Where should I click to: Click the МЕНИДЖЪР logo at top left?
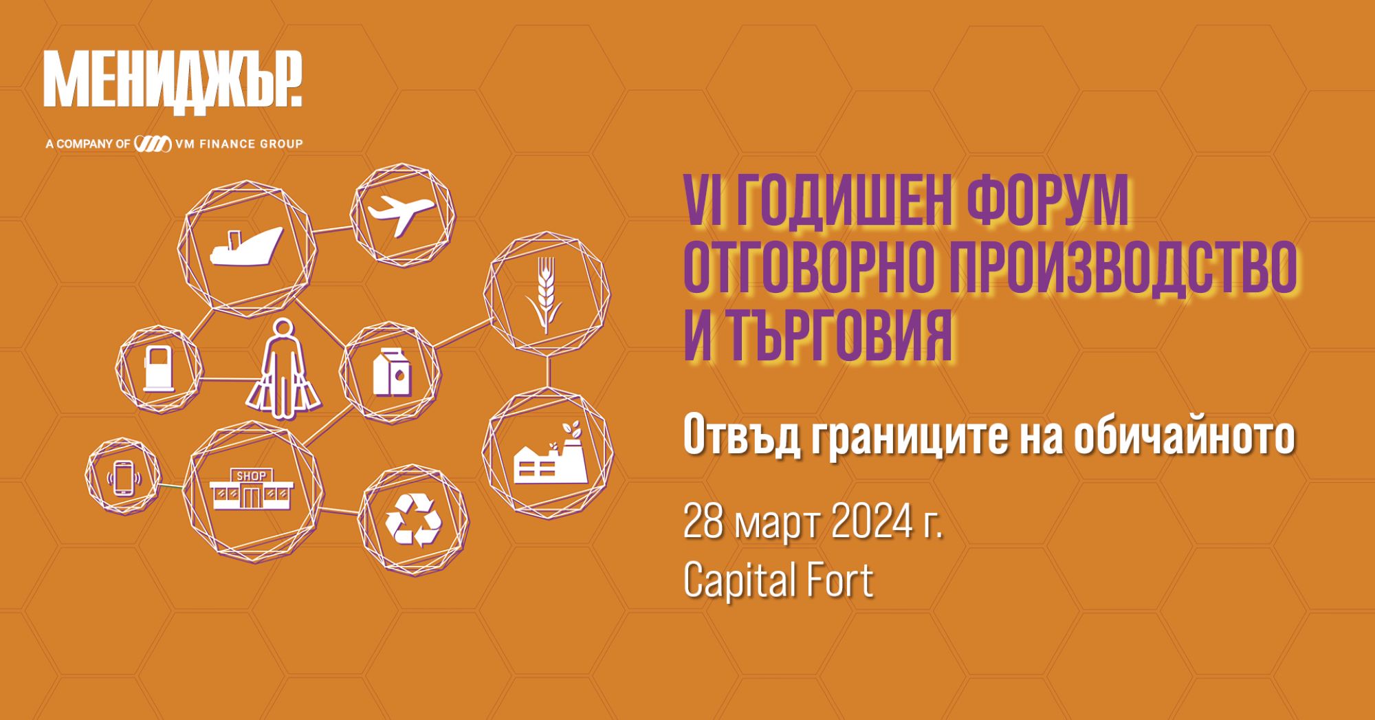173,80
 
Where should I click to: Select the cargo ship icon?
246,246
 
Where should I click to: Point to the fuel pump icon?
159,369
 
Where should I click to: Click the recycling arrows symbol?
413,520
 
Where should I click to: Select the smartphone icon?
124,477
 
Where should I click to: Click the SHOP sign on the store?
251,476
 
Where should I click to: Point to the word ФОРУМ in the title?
1047,201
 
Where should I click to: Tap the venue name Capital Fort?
778,580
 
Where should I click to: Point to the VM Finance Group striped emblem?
153,144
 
